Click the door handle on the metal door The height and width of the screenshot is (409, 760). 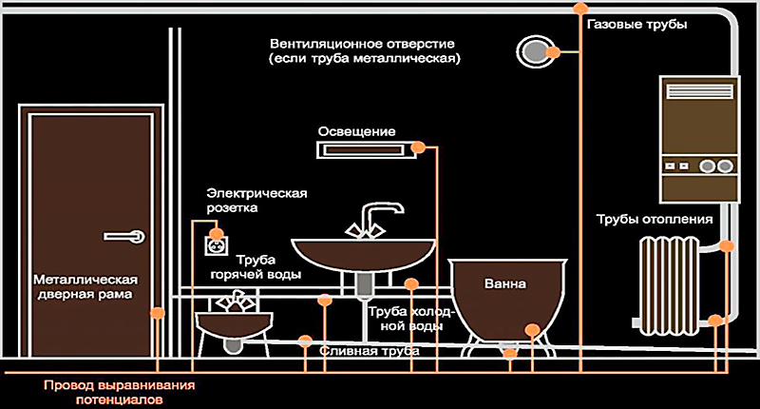(x=125, y=233)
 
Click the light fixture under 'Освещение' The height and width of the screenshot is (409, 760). (x=363, y=148)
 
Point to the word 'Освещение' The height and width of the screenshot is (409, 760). (x=357, y=130)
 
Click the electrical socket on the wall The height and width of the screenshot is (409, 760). (x=218, y=243)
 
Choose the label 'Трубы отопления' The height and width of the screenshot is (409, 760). (x=654, y=219)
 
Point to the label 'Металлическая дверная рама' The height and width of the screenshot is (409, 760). (x=86, y=287)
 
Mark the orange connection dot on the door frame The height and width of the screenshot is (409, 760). (x=157, y=311)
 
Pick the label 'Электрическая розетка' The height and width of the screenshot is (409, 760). (x=256, y=201)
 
